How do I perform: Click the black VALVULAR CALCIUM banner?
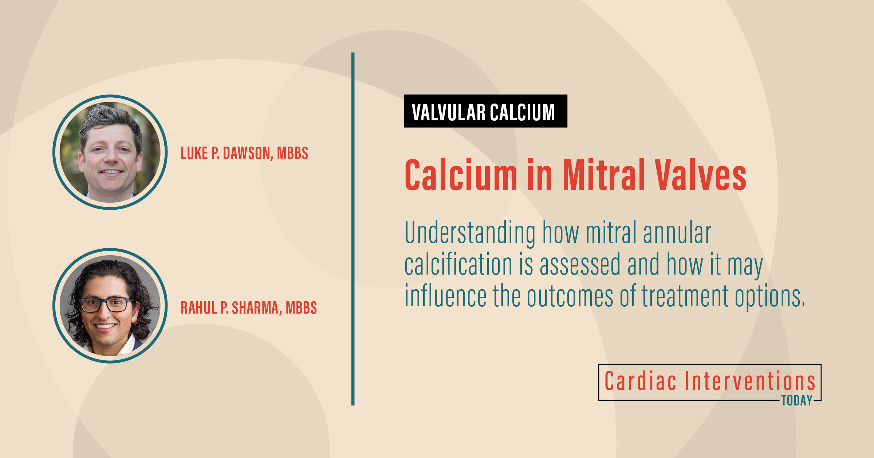(x=485, y=111)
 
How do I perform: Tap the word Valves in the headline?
(x=700, y=175)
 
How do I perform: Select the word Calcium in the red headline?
(x=461, y=175)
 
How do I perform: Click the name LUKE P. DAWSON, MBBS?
(x=244, y=153)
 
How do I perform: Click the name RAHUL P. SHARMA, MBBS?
(x=249, y=308)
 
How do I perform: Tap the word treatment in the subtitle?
(x=685, y=296)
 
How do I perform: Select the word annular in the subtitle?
(x=677, y=232)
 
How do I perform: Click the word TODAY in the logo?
(x=797, y=401)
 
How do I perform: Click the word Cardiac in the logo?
(x=640, y=381)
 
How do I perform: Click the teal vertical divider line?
(x=353, y=229)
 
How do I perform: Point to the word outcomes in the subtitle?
(x=570, y=296)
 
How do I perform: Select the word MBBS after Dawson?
(x=292, y=153)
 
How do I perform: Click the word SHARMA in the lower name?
(x=255, y=308)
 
